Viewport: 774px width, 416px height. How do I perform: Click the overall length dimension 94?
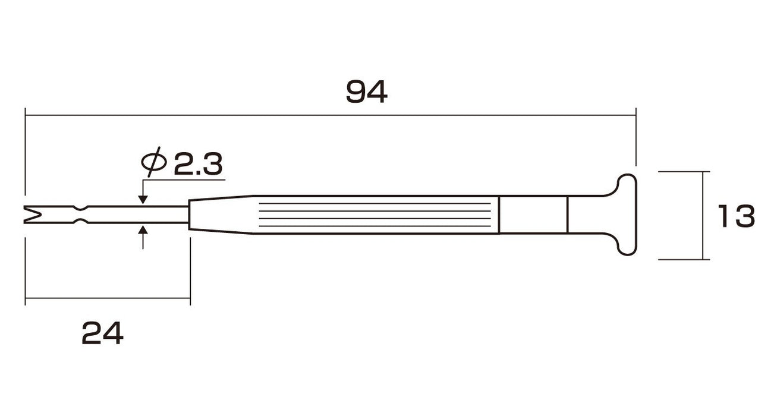coord(367,92)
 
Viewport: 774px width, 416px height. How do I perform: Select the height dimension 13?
coord(736,216)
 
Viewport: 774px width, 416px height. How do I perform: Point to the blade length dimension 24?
coord(102,334)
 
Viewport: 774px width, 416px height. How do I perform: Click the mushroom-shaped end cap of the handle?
coord(627,215)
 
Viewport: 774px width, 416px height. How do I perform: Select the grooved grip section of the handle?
coord(377,215)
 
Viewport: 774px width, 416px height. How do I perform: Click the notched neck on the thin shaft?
coord(79,215)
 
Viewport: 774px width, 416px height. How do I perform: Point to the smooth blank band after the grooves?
coord(533,215)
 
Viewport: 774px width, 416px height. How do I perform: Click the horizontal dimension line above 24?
coord(107,298)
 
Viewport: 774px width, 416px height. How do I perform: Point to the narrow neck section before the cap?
coord(589,215)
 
